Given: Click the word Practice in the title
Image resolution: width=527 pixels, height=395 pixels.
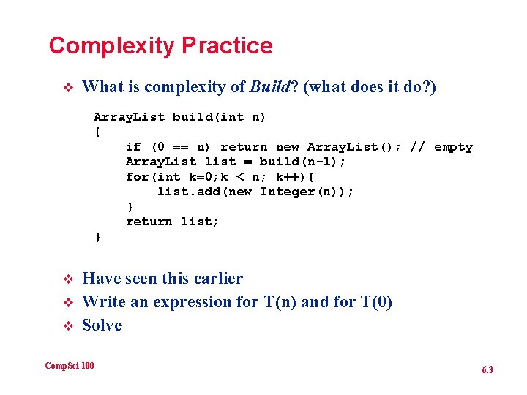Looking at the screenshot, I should (227, 46).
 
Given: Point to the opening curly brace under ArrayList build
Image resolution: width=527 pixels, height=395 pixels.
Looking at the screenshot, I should (97, 132).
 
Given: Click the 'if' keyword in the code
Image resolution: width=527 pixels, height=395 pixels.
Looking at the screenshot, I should (133, 147).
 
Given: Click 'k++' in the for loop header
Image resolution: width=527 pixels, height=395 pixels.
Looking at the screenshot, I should (289, 177).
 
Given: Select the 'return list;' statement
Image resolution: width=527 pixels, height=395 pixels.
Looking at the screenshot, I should (172, 222).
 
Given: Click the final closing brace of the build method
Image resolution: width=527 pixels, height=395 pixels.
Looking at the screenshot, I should (97, 237).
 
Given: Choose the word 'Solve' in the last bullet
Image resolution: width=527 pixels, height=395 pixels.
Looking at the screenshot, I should (102, 325).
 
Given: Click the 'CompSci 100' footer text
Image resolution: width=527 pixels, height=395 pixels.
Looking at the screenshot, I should (70, 365).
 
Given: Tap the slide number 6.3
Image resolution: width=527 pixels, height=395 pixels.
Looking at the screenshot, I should (487, 370).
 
